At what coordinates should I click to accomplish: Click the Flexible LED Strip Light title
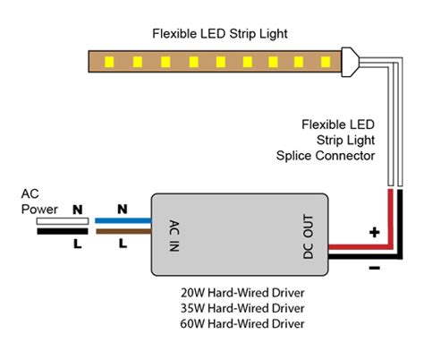click(x=220, y=34)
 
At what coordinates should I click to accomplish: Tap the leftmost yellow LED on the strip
click(x=109, y=62)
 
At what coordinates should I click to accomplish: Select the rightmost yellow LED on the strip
click(x=326, y=62)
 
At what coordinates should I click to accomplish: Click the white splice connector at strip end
click(x=351, y=62)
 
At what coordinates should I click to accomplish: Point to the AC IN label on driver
click(x=174, y=236)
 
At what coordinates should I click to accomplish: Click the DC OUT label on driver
click(x=309, y=236)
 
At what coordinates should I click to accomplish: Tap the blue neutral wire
click(x=123, y=221)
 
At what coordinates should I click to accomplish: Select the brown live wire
click(x=123, y=231)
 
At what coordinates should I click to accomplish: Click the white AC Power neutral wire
click(x=63, y=221)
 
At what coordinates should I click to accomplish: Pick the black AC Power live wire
click(x=63, y=231)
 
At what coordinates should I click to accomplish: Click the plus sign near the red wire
click(x=375, y=232)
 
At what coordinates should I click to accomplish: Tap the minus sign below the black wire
click(x=375, y=268)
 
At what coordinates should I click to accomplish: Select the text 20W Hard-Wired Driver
click(x=242, y=293)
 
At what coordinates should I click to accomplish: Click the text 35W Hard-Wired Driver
click(x=242, y=308)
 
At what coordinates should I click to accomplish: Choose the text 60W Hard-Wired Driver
click(x=242, y=324)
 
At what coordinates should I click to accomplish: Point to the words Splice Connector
click(x=326, y=156)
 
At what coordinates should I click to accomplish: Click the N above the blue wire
click(x=123, y=210)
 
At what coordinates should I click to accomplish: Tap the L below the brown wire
click(x=123, y=244)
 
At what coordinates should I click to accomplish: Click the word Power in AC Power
click(x=39, y=210)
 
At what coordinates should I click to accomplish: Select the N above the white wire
click(x=78, y=210)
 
